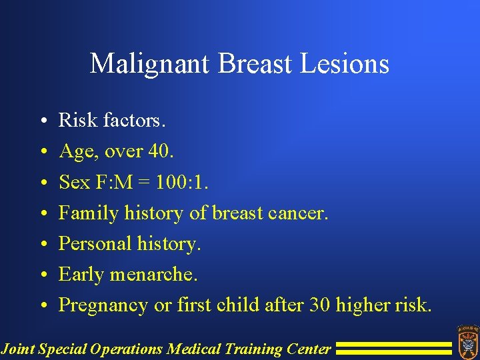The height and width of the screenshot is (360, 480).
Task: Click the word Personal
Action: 93,243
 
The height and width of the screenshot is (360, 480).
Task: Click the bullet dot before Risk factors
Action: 42,121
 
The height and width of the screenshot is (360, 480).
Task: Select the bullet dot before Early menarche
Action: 42,275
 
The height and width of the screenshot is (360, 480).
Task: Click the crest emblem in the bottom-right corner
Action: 467,341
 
